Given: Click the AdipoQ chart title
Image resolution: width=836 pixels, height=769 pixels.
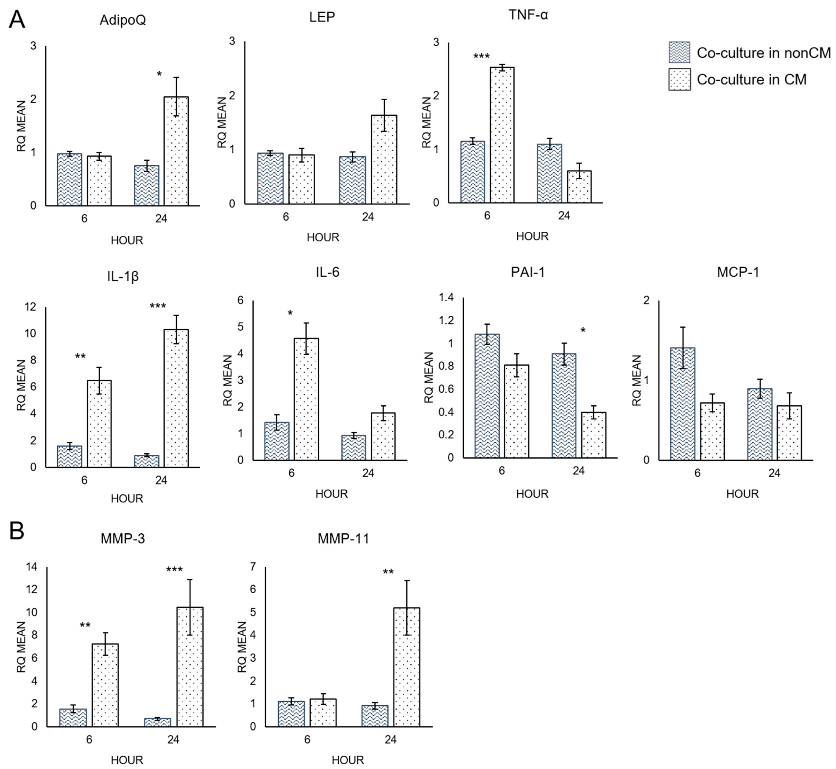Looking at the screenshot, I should [123, 20].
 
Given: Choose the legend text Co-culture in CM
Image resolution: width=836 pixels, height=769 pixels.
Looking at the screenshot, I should [752, 79].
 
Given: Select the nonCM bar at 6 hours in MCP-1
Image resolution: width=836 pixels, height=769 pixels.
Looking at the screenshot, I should [682, 404].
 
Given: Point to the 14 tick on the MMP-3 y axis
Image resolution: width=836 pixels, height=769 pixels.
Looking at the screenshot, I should [32, 567].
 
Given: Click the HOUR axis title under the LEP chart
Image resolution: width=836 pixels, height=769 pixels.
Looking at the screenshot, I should [323, 238].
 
